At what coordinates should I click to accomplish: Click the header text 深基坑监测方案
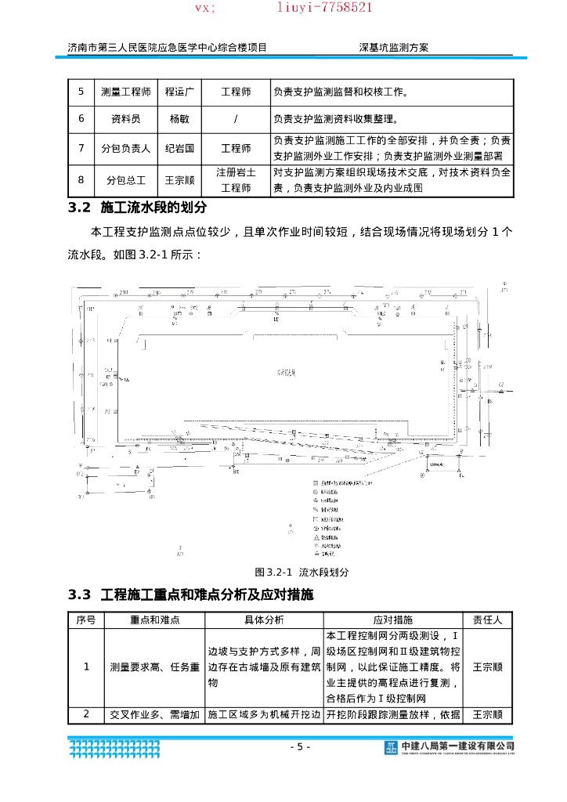pyautogui.click(x=393, y=47)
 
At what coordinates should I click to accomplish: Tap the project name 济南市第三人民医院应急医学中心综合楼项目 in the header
pyautogui.click(x=167, y=47)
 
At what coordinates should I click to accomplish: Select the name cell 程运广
pyautogui.click(x=179, y=92)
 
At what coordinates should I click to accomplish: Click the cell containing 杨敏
pyautogui.click(x=179, y=119)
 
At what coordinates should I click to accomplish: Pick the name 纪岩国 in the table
pyautogui.click(x=179, y=148)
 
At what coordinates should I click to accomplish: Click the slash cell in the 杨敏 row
pyautogui.click(x=236, y=119)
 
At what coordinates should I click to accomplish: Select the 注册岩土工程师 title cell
pyautogui.click(x=236, y=180)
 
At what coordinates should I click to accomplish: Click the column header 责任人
pyautogui.click(x=488, y=620)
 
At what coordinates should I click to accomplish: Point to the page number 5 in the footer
pyautogui.click(x=299, y=746)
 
